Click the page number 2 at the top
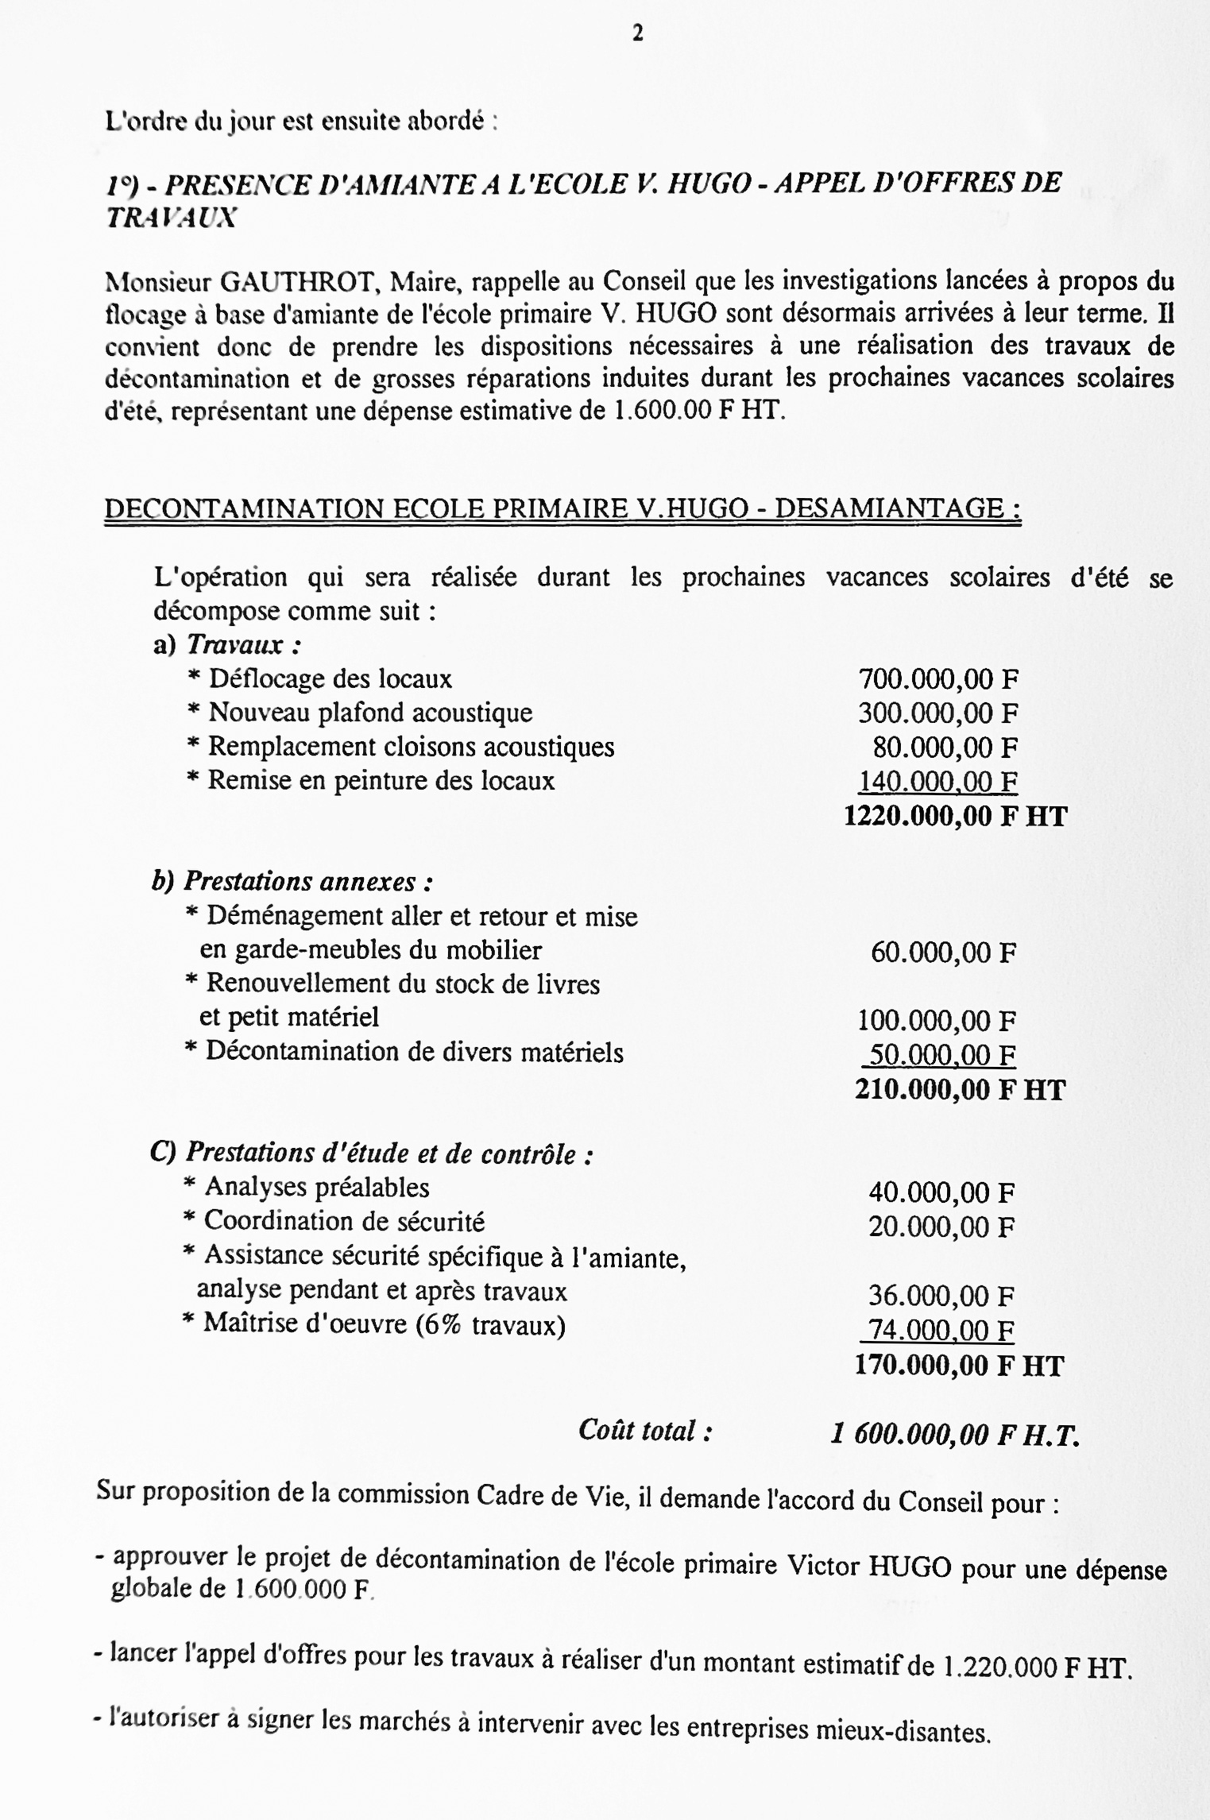(637, 33)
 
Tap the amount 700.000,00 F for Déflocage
(938, 679)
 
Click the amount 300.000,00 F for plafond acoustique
(937, 713)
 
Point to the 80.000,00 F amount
(945, 748)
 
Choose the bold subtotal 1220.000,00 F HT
(955, 816)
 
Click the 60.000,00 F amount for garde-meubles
(943, 952)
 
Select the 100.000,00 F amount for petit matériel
(937, 1020)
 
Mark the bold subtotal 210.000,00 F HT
(959, 1089)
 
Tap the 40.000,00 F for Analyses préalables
(941, 1192)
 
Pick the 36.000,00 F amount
(941, 1296)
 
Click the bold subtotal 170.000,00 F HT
(958, 1365)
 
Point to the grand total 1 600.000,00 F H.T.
(955, 1434)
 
